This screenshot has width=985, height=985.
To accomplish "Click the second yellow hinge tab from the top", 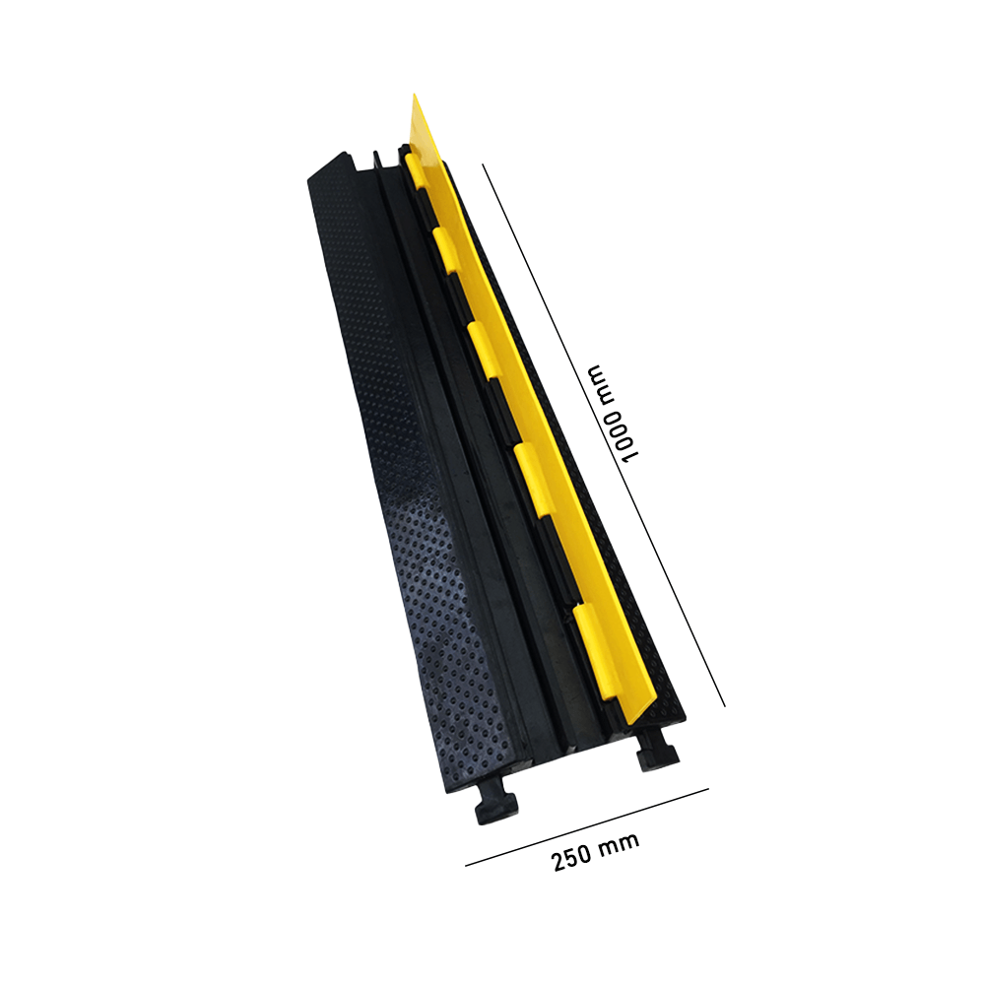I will (446, 248).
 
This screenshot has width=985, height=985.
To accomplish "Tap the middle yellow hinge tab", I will (482, 341).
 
